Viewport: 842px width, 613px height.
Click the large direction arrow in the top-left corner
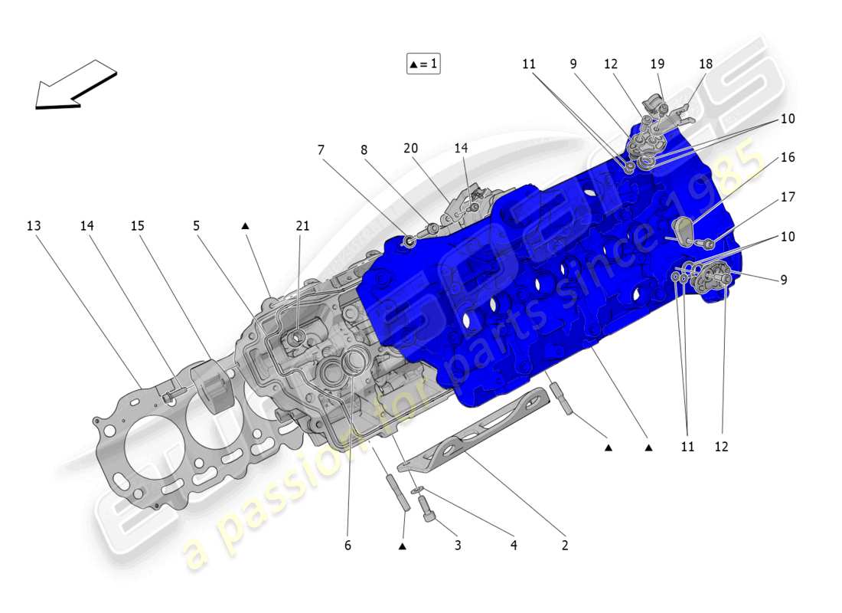pos(75,84)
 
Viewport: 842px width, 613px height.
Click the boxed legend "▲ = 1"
pos(423,64)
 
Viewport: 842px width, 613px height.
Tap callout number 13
pos(33,226)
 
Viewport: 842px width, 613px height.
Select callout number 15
pos(137,226)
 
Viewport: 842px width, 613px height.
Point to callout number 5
pos(197,226)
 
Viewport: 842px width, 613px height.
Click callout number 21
pos(302,226)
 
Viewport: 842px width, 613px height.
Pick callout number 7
pos(321,150)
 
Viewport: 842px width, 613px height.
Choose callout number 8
pos(364,150)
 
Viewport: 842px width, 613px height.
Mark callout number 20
pos(411,148)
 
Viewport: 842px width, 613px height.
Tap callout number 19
pos(658,64)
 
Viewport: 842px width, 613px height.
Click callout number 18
pos(705,64)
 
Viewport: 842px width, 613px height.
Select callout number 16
pos(788,157)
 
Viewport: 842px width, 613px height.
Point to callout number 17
pos(788,197)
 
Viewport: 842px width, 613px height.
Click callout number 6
pos(347,546)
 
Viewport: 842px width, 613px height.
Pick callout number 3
pos(458,546)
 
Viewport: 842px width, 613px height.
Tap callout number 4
pos(514,546)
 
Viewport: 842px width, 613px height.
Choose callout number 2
pos(565,546)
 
